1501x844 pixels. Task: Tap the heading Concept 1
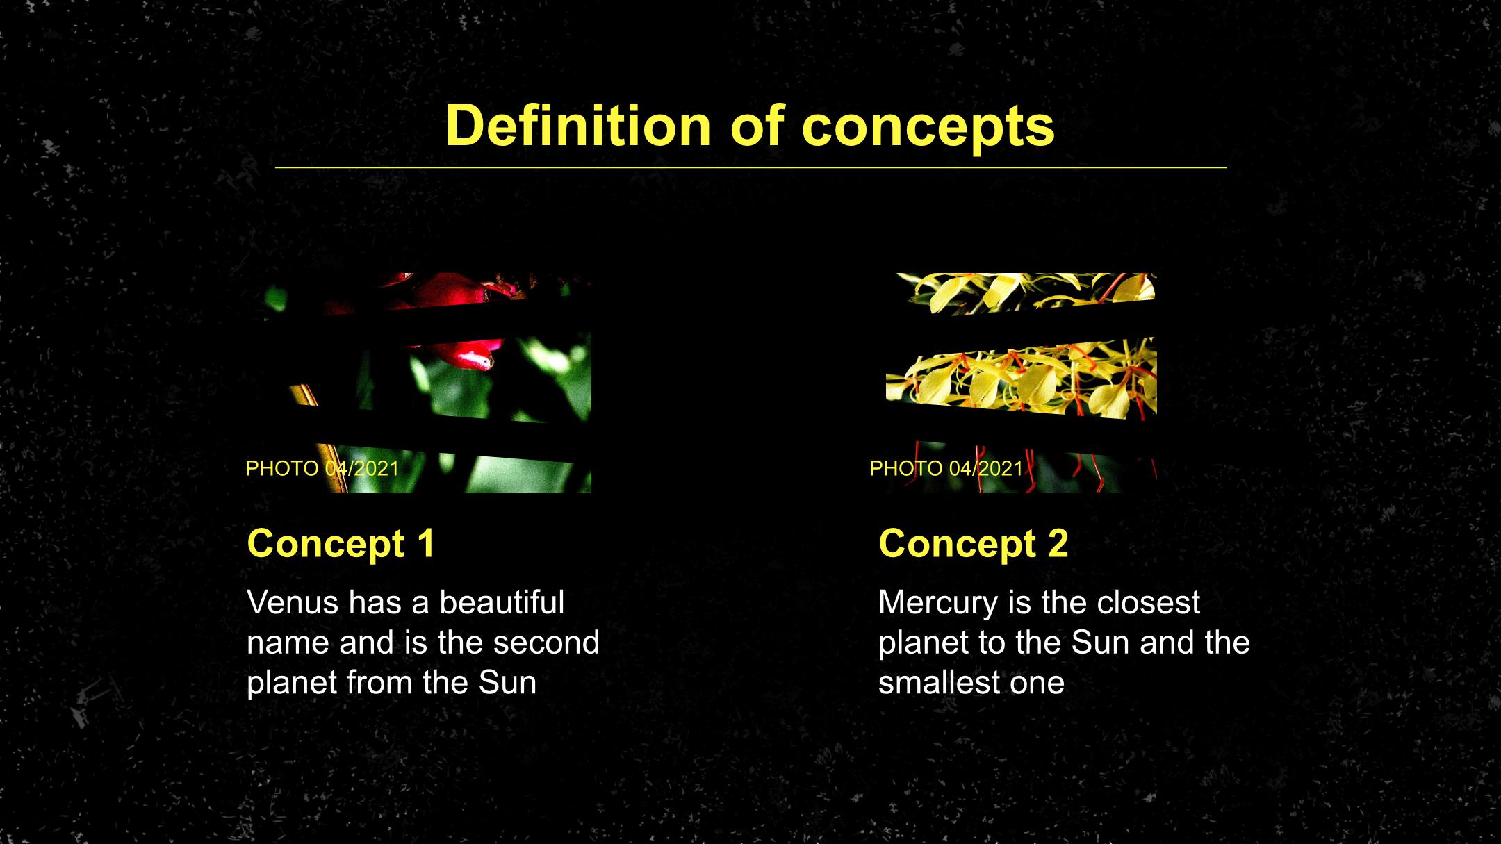click(x=341, y=543)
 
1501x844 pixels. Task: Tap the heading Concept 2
click(x=974, y=543)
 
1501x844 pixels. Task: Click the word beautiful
click(x=502, y=602)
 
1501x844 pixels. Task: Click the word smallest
click(x=940, y=682)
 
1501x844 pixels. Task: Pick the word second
click(x=546, y=643)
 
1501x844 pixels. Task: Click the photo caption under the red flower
click(x=322, y=468)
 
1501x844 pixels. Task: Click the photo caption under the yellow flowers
click(x=946, y=468)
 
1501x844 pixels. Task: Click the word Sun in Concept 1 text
click(x=507, y=682)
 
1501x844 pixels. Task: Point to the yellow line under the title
click(x=750, y=167)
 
